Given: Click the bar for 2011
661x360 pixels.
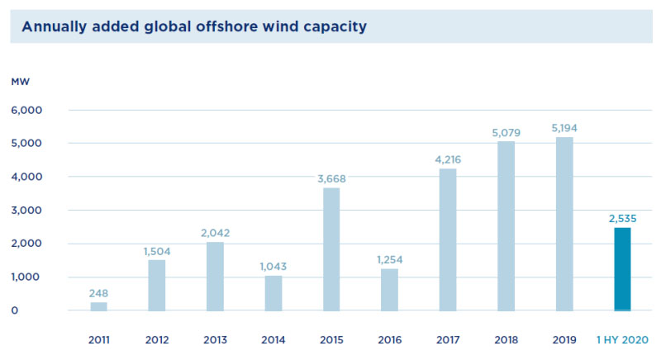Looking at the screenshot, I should tap(98, 306).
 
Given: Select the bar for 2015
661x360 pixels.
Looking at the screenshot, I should tap(331, 249).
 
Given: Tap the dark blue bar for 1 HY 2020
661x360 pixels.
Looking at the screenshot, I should tap(622, 269).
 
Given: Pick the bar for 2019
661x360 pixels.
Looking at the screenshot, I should tap(564, 224).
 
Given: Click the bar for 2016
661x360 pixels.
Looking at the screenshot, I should tap(389, 290).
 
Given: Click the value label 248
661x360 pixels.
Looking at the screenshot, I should tap(98, 292).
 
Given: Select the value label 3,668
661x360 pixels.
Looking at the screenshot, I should tap(331, 178).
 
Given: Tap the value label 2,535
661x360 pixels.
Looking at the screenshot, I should tap(622, 218).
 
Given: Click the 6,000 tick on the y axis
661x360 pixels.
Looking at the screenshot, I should tap(26, 110).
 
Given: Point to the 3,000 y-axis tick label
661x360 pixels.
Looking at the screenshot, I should tap(26, 211).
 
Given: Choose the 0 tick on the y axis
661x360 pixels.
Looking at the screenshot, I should tap(15, 311).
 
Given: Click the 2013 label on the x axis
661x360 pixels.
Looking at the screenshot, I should tap(215, 339).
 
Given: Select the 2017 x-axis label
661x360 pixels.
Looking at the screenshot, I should tap(448, 339).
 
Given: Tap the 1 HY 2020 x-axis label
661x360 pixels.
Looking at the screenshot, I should tap(621, 339).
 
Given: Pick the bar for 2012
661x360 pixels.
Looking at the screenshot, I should tap(157, 286).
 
